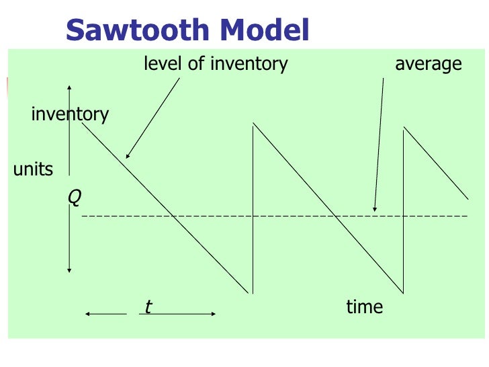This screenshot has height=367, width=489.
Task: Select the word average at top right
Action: point(429,65)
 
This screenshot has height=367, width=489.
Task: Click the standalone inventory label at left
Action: point(70,114)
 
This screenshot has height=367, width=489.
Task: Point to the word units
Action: point(33,169)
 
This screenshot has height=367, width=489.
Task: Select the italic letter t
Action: point(148,307)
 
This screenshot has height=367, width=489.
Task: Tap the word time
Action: point(364,307)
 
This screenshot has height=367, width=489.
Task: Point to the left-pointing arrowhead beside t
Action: point(88,313)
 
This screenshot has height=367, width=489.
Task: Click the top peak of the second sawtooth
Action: point(253,124)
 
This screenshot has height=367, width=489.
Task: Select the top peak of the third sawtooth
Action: point(403,128)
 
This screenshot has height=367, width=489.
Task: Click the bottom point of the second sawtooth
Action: point(402,293)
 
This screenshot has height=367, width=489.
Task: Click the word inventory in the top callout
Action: point(249,65)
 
